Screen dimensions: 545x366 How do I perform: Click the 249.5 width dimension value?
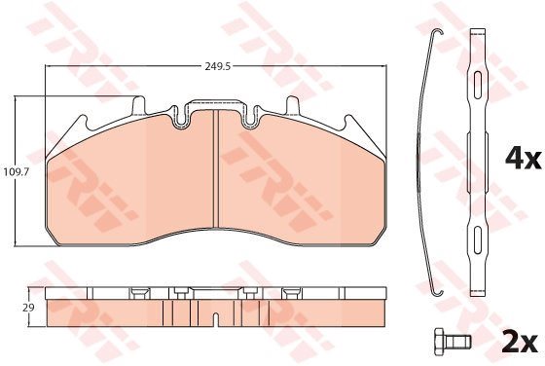218,67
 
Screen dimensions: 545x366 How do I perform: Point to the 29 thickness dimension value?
29,308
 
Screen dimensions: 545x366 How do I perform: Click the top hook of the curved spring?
437,32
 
